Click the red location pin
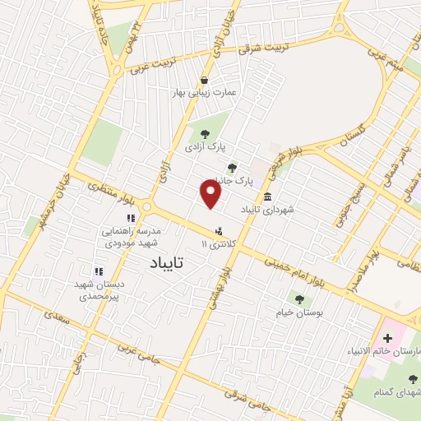pos(211,194)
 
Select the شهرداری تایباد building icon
pos(269,196)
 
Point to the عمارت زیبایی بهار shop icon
pos(203,80)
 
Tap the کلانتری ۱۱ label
pos(217,244)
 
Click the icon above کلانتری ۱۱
pos(218,232)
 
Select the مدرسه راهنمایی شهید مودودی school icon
pos(130,218)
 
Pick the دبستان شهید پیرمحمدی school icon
pos(98,271)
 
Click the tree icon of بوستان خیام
pos(298,298)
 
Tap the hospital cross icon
pos(388,338)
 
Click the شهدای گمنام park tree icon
pos(413,379)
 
